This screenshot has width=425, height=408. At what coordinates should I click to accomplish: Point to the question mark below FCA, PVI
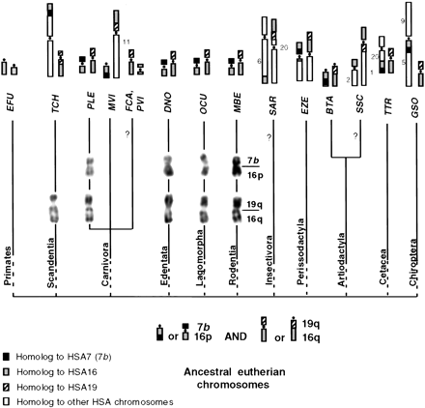click(x=127, y=133)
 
